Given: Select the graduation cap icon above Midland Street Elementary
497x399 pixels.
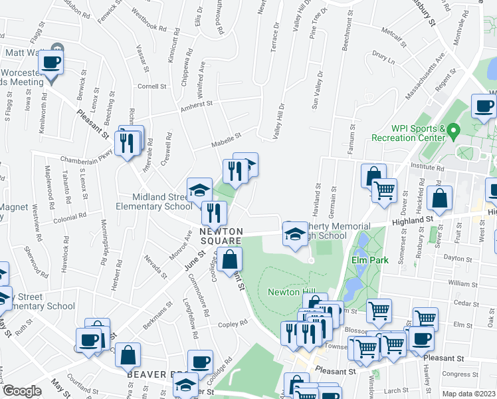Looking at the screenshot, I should pos(199,191).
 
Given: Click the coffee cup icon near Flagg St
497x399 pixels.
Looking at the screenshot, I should pos(51,63).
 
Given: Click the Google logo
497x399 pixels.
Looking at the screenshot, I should pos(22,391).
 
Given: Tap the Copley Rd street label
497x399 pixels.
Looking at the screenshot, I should pos(233,323).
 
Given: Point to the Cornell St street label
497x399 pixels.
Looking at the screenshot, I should pos(151,86).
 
